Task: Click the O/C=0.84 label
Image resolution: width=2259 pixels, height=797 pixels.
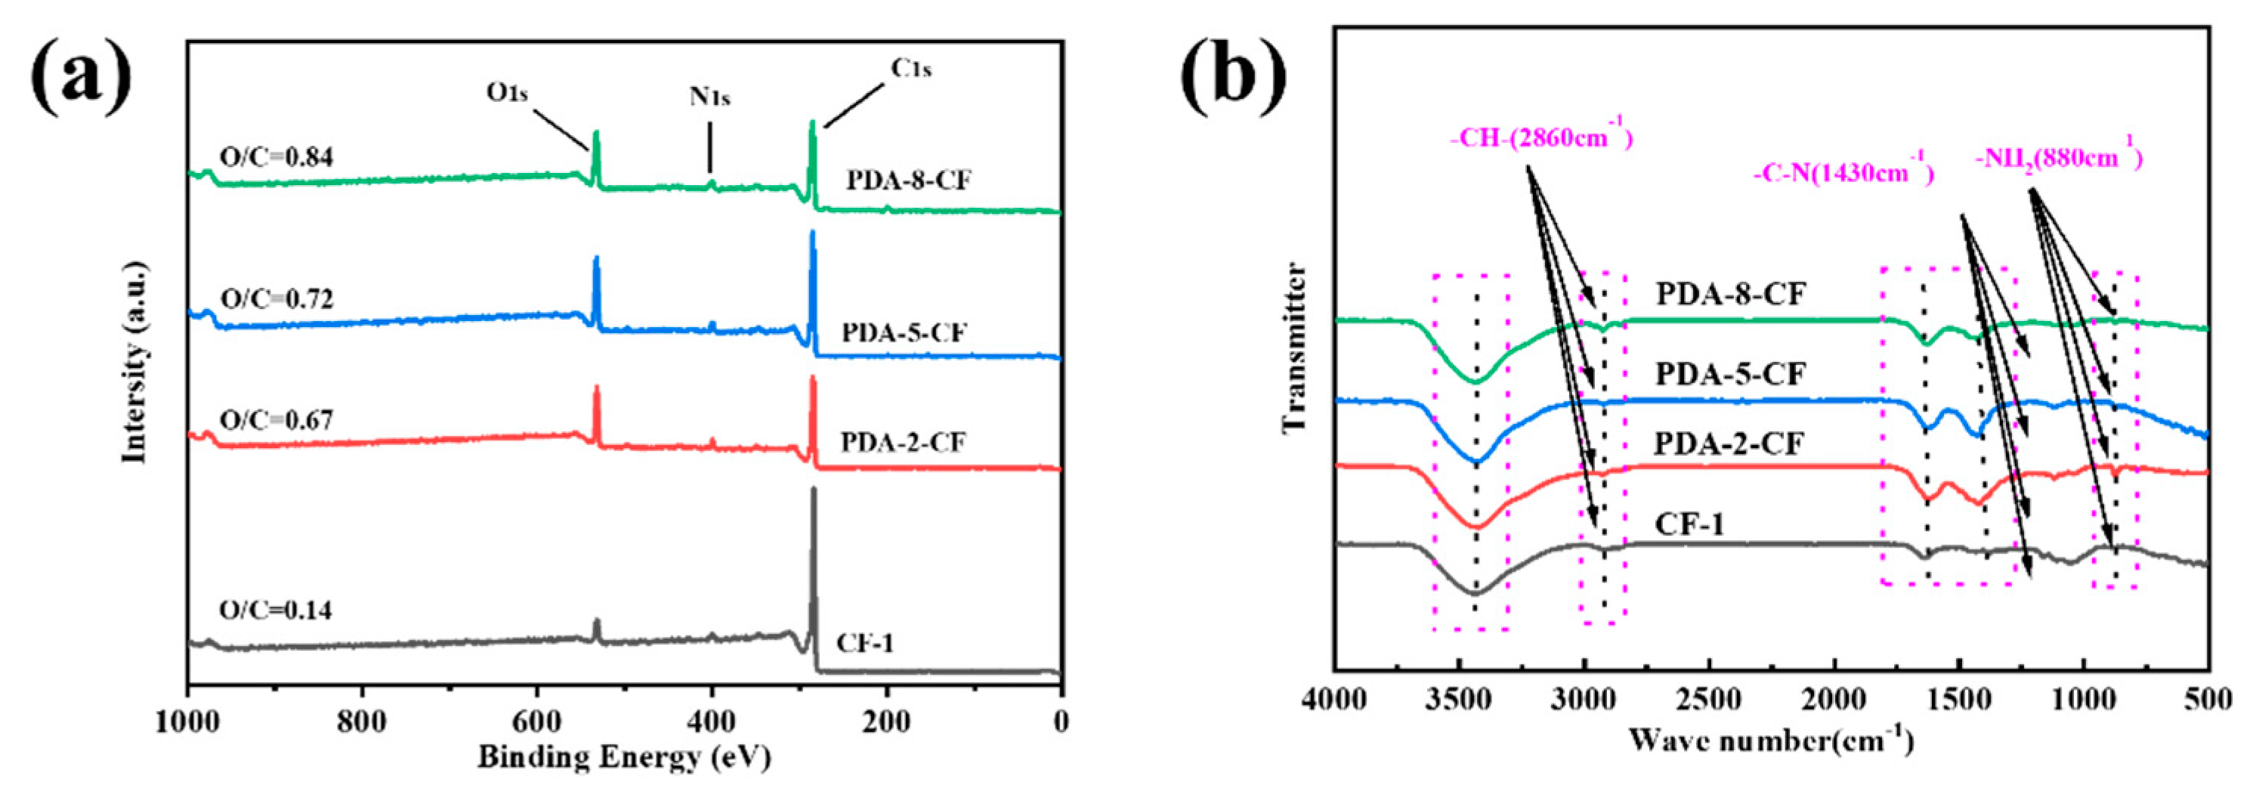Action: pyautogui.click(x=277, y=158)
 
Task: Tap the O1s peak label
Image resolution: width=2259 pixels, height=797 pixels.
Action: pyautogui.click(x=507, y=91)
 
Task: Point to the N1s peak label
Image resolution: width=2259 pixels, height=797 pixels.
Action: pyautogui.click(x=709, y=97)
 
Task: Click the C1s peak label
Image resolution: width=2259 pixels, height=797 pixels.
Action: pyautogui.click(x=911, y=67)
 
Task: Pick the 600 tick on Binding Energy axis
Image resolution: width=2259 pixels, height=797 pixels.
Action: pyautogui.click(x=536, y=722)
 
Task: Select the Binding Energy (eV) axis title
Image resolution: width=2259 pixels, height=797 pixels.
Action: pyautogui.click(x=623, y=757)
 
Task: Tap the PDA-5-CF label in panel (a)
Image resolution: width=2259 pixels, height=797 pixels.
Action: pyautogui.click(x=904, y=333)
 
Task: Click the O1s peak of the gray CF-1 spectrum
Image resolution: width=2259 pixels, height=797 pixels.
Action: pyautogui.click(x=597, y=629)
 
